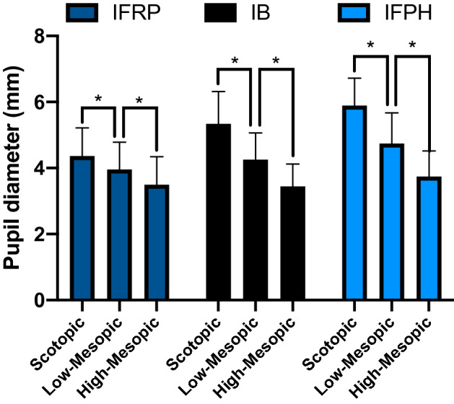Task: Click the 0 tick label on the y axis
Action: pos(41,300)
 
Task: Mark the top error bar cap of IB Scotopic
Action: pos(219,92)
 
